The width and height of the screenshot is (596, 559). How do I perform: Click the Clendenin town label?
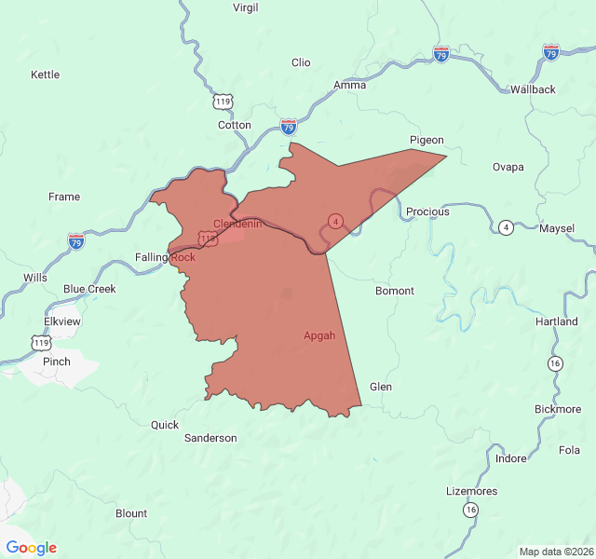237,224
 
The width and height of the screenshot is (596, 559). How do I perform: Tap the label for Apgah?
319,335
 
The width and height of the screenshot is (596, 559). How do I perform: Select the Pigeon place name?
427,141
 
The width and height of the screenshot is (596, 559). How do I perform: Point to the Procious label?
427,211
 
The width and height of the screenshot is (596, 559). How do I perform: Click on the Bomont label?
395,291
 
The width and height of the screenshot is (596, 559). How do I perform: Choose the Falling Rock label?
165,257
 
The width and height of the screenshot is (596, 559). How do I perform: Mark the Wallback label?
533,89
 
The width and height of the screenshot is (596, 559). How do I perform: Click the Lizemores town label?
472,491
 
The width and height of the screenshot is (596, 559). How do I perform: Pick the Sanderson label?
210,438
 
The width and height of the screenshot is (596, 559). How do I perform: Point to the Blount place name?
131,513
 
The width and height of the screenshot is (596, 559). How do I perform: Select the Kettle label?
45,75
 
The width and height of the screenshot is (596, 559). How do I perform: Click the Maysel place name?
557,228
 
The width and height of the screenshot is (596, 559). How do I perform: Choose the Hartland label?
557,321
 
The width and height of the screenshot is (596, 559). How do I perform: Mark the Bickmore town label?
558,409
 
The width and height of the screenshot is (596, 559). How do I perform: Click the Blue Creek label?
89,289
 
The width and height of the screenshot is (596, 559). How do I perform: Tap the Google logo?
32,548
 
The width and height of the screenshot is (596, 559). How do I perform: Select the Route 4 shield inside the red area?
335,221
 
